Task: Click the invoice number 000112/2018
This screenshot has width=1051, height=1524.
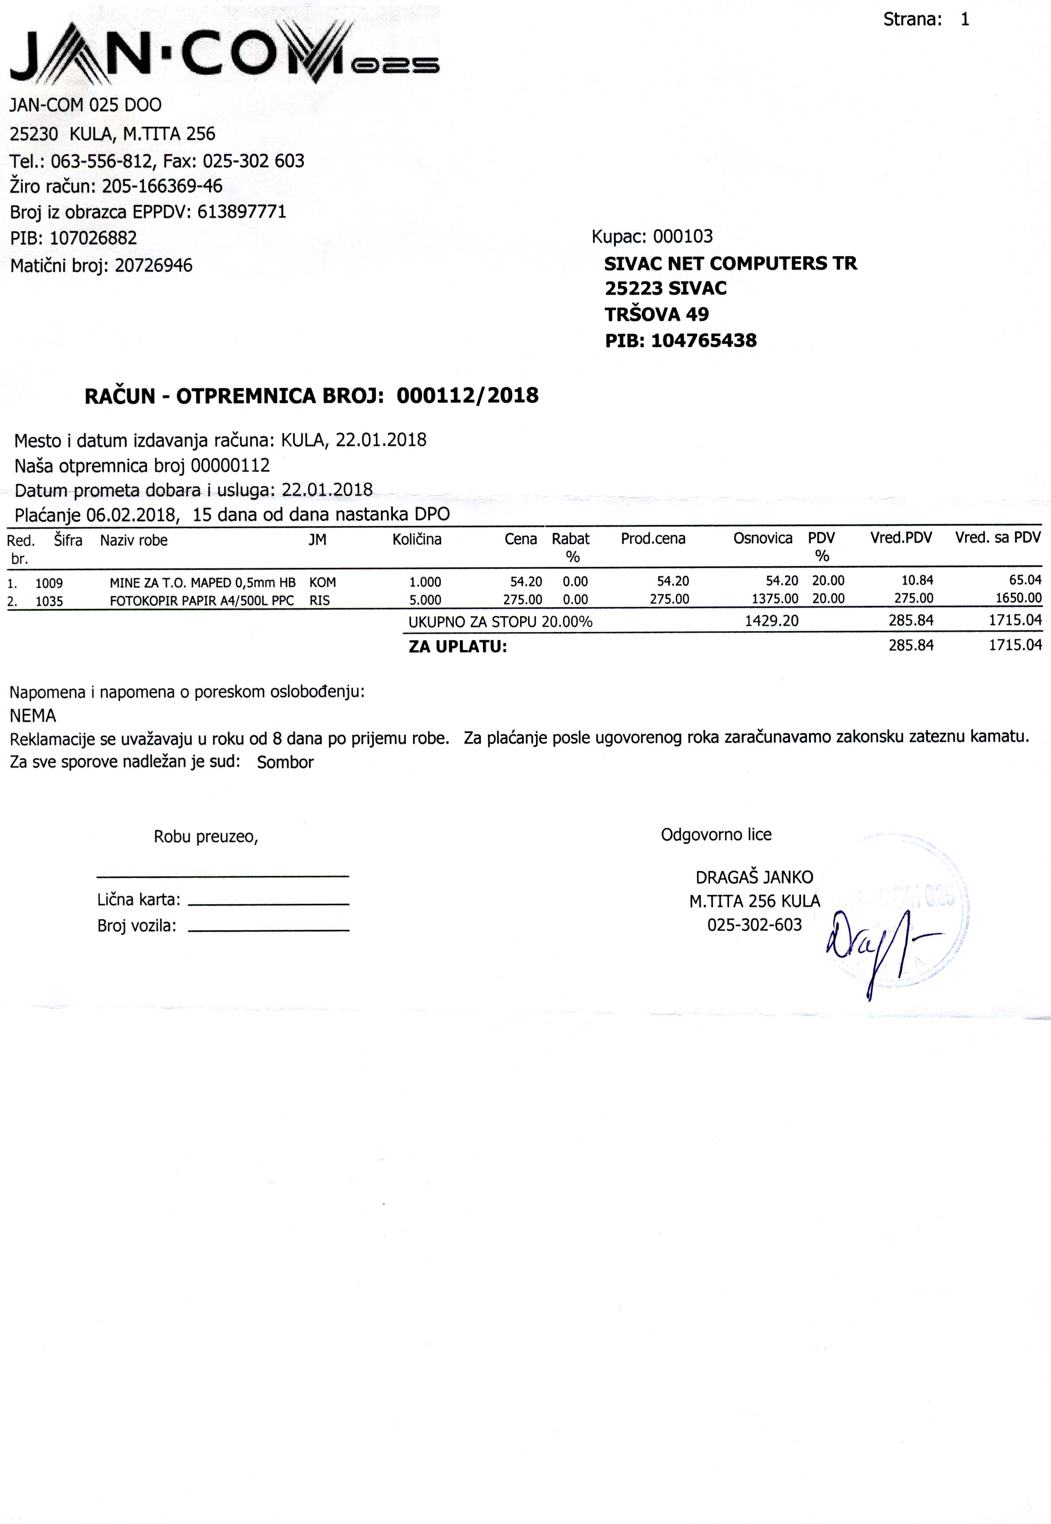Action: point(468,396)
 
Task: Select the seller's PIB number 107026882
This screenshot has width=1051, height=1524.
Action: point(93,237)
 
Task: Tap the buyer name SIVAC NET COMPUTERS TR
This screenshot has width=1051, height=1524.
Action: point(730,263)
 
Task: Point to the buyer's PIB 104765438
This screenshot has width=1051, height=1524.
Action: point(703,341)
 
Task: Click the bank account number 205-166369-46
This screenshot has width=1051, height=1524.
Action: point(162,186)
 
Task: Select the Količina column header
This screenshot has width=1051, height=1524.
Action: point(417,540)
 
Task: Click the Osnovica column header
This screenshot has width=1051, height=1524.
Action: point(763,538)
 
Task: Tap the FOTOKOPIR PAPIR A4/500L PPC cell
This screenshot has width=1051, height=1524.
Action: point(202,600)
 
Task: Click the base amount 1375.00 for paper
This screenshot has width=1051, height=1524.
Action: point(775,599)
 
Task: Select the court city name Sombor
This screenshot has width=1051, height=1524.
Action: point(285,762)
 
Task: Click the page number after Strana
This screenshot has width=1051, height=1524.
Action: point(965,20)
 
